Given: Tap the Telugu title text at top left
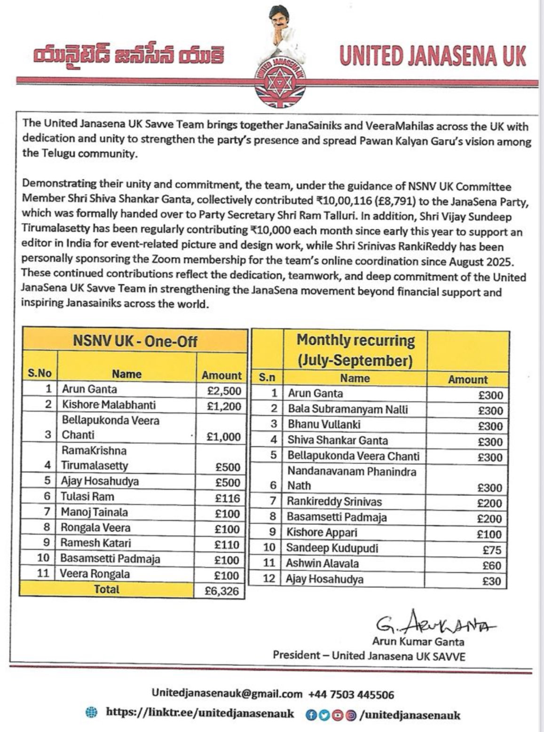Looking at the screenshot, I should click(x=128, y=56).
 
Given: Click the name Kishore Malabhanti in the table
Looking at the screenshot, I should click(x=109, y=405).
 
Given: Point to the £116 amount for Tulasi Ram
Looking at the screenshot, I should click(x=227, y=498).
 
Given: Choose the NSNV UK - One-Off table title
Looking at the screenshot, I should click(x=134, y=341).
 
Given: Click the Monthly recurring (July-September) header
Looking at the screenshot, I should click(x=355, y=350).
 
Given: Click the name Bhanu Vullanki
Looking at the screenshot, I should click(x=324, y=424).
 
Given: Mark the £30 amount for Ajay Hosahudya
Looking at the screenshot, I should click(x=492, y=581).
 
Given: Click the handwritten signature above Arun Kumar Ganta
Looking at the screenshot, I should click(x=435, y=623).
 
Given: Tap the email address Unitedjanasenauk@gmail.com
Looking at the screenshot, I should click(x=227, y=693).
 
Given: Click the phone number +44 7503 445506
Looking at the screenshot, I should click(x=351, y=694).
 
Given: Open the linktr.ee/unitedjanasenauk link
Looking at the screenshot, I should click(x=200, y=713).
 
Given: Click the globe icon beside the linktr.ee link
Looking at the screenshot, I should click(x=92, y=713).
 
